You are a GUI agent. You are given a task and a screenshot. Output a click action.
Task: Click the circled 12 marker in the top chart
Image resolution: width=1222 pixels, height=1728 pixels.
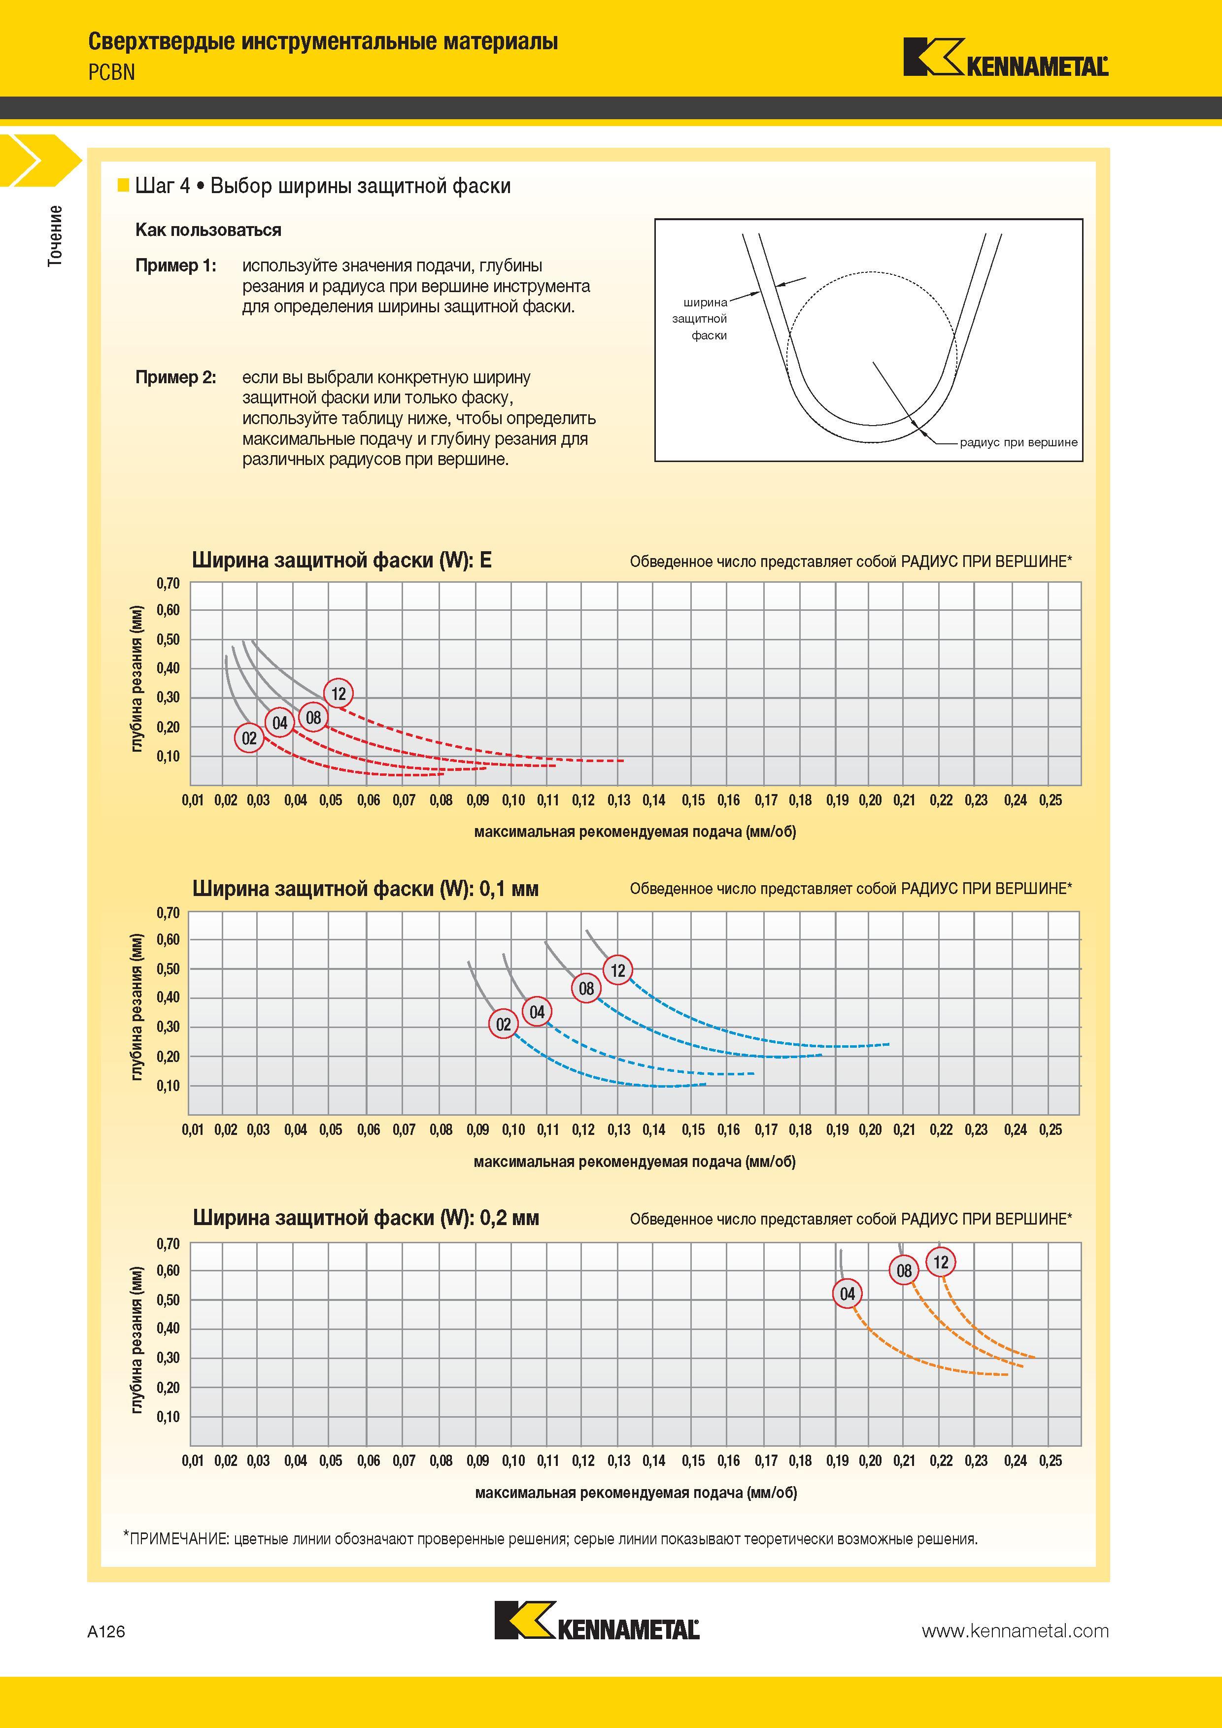339,693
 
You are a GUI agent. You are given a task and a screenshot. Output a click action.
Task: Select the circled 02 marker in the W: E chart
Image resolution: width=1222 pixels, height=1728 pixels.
249,738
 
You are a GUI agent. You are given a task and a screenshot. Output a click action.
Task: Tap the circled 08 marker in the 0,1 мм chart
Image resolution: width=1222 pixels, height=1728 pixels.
586,988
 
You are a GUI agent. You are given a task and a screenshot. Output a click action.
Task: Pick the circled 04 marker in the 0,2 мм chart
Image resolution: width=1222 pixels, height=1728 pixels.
848,1294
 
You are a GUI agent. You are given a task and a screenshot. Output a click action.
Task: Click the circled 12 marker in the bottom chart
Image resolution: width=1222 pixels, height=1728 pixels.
941,1262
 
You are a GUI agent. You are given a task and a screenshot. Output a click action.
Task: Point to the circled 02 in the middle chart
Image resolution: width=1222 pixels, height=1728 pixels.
504,1024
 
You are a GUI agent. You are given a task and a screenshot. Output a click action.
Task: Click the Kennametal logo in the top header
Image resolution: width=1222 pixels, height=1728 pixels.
1006,57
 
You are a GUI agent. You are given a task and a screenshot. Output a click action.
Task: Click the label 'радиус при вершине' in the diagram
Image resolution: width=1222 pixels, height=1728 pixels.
1018,442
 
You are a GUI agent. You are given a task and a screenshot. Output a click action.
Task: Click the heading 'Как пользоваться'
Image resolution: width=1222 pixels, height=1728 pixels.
208,231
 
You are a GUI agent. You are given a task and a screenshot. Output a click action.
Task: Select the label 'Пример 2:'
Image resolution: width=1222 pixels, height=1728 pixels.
175,378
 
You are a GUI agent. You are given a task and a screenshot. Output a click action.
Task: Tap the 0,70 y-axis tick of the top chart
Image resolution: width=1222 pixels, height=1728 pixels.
169,583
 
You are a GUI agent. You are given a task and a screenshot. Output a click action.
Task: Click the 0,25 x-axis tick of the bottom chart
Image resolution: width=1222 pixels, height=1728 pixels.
1051,1461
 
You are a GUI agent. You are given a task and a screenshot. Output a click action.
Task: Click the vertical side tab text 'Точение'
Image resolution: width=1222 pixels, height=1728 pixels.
55,235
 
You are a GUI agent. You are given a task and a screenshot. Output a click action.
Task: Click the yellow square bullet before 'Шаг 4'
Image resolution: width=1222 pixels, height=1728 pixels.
124,186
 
